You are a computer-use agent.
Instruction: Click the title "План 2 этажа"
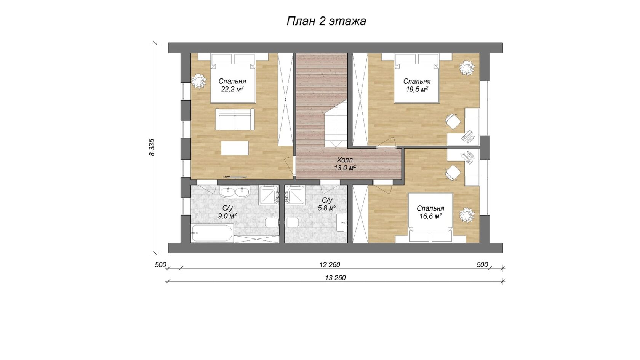click(326, 21)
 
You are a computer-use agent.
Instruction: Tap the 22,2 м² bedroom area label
click(232, 90)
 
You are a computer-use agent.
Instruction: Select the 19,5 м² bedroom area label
click(417, 90)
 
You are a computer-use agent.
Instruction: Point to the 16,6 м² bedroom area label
click(430, 216)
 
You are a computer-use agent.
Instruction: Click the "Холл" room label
click(345, 160)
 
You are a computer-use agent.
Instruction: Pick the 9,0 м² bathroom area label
click(227, 216)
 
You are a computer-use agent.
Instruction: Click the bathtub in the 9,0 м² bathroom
click(213, 233)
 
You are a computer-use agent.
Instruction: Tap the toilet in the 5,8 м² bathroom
click(292, 222)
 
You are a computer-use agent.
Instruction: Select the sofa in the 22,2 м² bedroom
click(235, 120)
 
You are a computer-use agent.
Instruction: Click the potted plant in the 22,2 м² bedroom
click(199, 81)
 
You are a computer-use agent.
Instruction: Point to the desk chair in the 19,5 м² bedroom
click(453, 121)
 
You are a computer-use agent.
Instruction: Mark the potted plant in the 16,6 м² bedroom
click(467, 215)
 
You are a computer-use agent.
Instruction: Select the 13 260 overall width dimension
click(335, 278)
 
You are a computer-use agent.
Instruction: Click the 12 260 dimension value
click(330, 265)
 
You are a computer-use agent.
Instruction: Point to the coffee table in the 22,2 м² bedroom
click(235, 148)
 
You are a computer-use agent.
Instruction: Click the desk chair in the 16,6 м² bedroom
click(453, 173)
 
